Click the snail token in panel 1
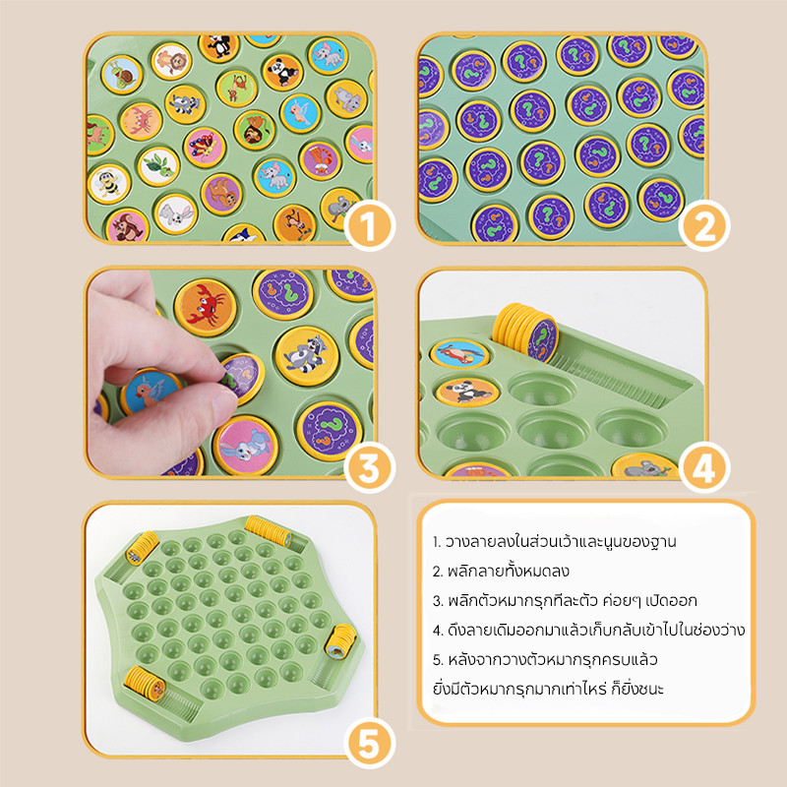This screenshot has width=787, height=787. tap(122, 75)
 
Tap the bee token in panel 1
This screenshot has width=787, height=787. tap(109, 184)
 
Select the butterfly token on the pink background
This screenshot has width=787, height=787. tap(205, 147)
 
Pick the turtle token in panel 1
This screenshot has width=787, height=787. tap(158, 166)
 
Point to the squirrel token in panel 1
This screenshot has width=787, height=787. tap(127, 225)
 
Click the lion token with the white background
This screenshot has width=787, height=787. tap(171, 61)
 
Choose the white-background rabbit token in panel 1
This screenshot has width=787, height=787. tap(175, 214)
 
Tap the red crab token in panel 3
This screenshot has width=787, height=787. tap(206, 307)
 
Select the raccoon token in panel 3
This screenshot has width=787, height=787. tap(307, 356)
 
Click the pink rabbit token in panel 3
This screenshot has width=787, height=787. tap(246, 446)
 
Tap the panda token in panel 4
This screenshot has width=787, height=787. tap(467, 392)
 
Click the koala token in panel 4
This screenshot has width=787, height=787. tap(645, 466)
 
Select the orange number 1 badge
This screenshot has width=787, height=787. tap(370, 225)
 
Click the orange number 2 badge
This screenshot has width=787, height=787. tap(704, 225)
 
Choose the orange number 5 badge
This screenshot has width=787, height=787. tap(370, 744)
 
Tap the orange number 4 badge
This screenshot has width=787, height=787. tap(704, 467)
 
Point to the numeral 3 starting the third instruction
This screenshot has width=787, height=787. tap(436, 601)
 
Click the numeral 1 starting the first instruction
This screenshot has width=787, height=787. tap(435, 542)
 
